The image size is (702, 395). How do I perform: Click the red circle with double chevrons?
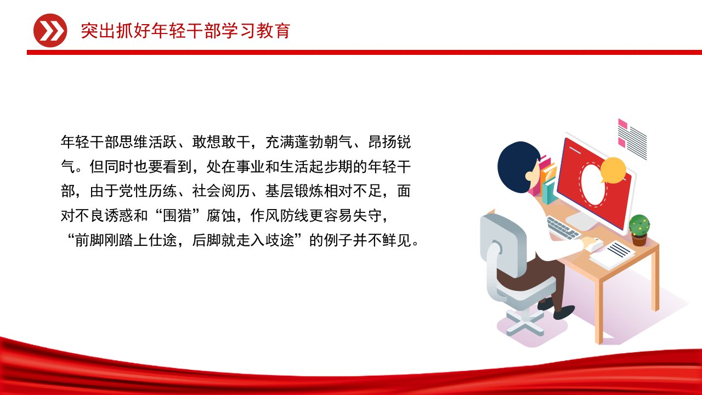(50, 30)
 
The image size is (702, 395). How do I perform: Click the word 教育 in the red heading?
(273, 31)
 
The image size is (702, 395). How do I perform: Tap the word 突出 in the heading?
(98, 31)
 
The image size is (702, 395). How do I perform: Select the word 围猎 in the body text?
(177, 216)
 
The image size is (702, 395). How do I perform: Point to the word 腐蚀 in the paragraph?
(221, 216)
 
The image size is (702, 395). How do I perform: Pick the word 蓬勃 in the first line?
(309, 142)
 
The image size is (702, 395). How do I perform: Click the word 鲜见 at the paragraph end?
(397, 240)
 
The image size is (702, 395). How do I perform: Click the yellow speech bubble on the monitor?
(613, 170)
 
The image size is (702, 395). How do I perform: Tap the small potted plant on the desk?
(639, 230)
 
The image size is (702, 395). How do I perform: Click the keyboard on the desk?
(563, 228)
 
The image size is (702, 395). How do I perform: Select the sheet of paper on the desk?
(612, 255)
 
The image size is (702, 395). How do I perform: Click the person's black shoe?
(564, 312)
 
